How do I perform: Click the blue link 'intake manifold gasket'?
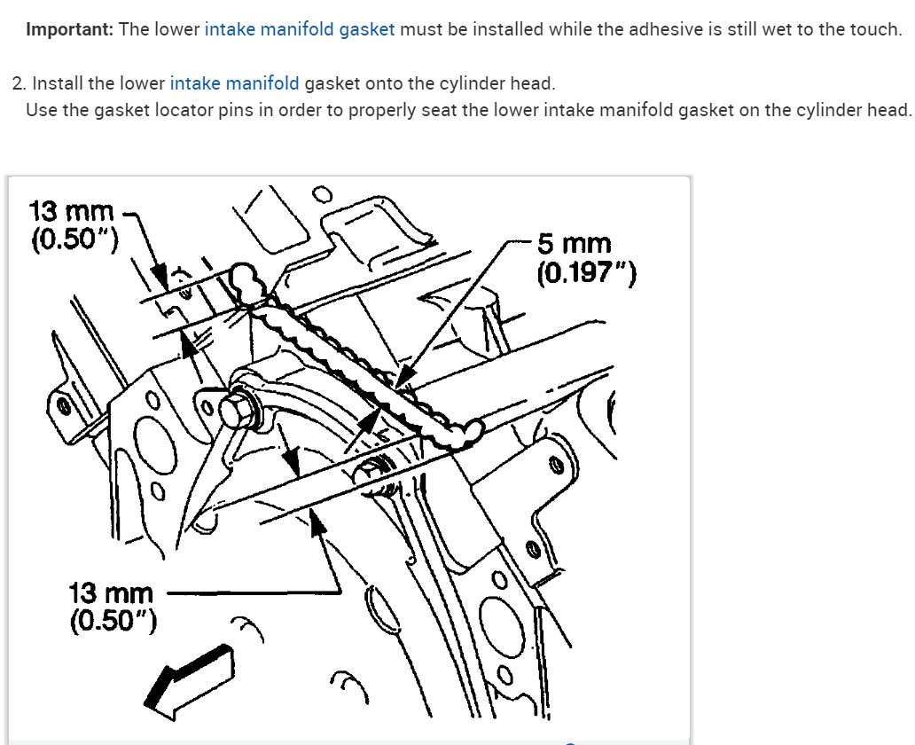click(300, 29)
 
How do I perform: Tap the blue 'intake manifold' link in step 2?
click(234, 83)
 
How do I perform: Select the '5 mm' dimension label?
click(574, 244)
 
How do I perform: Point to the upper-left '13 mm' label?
click(72, 212)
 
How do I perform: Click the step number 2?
click(19, 83)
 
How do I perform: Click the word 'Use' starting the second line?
click(40, 110)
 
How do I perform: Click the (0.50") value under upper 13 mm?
click(75, 239)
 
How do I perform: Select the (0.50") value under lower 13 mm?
click(113, 619)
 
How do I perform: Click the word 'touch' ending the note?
click(876, 29)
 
